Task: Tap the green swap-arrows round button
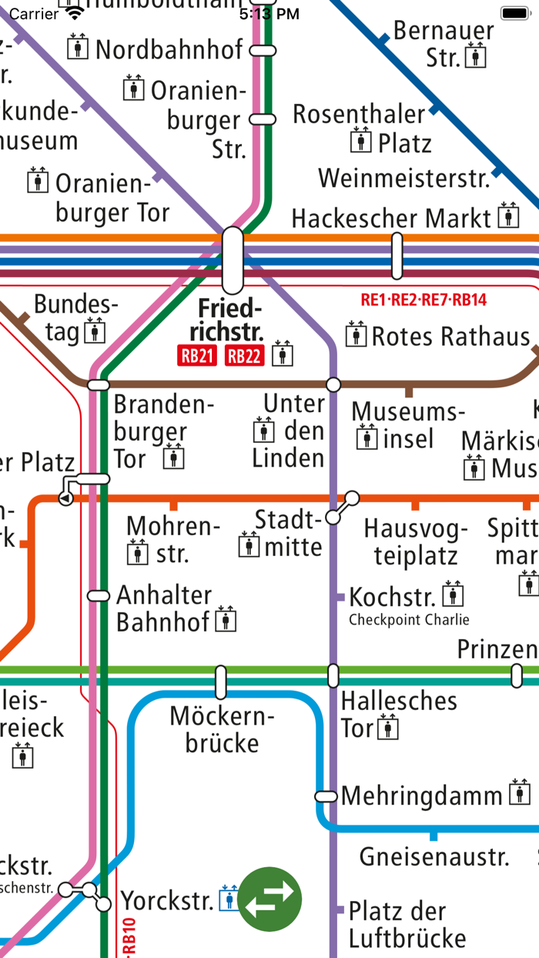[x=269, y=898]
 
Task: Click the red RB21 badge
[x=198, y=356]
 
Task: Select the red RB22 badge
[x=243, y=356]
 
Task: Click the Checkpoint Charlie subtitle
[x=408, y=619]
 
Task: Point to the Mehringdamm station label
[x=422, y=796]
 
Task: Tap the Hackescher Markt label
[x=391, y=218]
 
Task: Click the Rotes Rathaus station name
[x=451, y=337]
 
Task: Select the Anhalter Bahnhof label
[x=164, y=608]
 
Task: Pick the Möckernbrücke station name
[x=223, y=729]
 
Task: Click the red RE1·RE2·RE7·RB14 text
[x=423, y=300]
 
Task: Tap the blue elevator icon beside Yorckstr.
[x=229, y=898]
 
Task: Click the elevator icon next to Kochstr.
[x=454, y=595]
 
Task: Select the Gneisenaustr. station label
[x=434, y=856]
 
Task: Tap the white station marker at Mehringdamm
[x=326, y=796]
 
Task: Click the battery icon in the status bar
[x=515, y=13]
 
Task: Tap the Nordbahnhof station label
[x=169, y=49]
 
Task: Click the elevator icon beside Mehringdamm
[x=521, y=793]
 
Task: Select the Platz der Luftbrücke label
[x=407, y=924]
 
